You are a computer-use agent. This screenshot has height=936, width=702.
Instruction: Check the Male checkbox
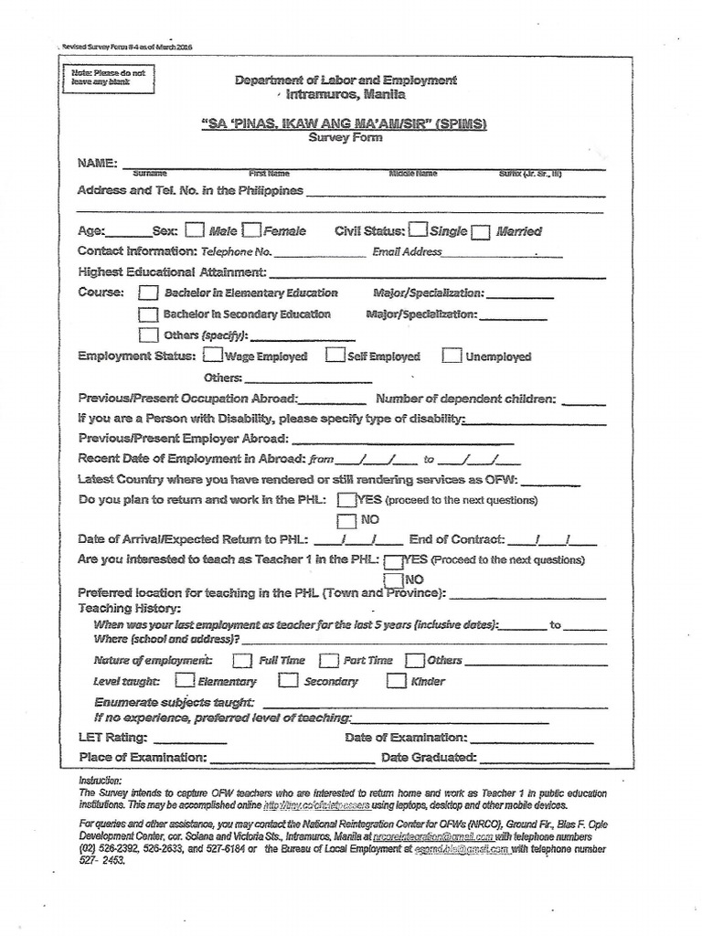[x=194, y=230]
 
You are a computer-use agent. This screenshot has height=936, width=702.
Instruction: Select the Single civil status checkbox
[x=418, y=230]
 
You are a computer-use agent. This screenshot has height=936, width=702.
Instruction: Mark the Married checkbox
[x=481, y=232]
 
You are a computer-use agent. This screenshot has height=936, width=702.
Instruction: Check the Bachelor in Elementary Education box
[x=147, y=293]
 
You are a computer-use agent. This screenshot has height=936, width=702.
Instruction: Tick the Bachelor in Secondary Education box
[x=147, y=314]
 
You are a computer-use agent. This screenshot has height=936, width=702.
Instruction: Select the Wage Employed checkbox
[x=211, y=356]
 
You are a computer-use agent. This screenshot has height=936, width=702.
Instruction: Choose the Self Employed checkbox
[x=335, y=356]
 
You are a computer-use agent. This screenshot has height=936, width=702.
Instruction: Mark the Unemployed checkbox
[x=451, y=356]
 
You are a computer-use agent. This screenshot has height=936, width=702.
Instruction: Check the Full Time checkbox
[x=242, y=660]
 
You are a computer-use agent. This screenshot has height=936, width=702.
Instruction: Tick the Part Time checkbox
[x=328, y=660]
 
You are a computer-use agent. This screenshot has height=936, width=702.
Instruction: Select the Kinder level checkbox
[x=396, y=681]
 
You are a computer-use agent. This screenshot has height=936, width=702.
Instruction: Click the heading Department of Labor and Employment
[x=345, y=80]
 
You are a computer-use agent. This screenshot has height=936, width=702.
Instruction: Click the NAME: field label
[x=97, y=163]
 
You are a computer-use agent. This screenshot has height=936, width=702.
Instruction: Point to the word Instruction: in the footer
[x=101, y=780]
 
